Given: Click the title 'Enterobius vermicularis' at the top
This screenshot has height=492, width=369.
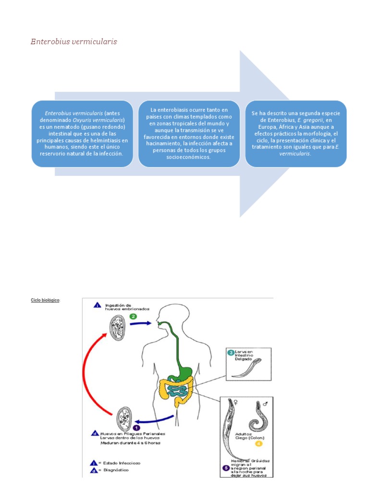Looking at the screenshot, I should click(x=74, y=42).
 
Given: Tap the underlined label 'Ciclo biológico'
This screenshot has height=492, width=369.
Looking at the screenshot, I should click(x=46, y=300).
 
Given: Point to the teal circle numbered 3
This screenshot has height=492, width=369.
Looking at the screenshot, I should click(x=231, y=353).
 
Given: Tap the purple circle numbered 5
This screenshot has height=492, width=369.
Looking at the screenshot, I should click(x=225, y=467).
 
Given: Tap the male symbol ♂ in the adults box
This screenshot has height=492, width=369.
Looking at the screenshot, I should click(x=265, y=404).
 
